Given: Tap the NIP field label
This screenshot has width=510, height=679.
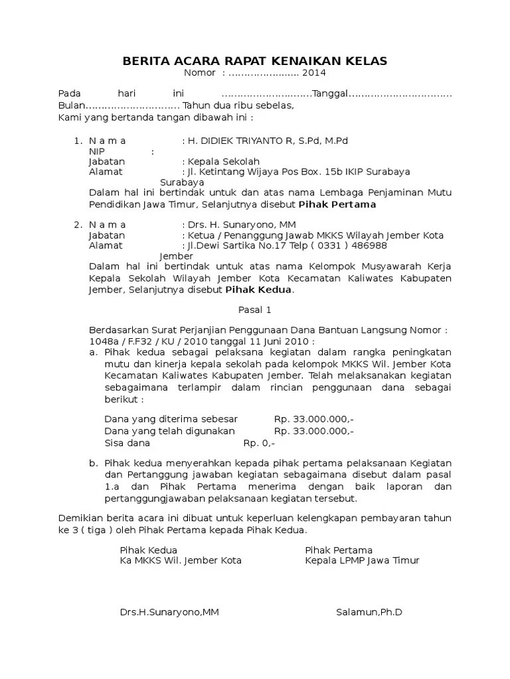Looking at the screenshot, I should click(x=97, y=152).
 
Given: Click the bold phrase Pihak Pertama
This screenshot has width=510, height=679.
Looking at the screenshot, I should click(x=337, y=204).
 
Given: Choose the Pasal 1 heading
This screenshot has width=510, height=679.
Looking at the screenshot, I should click(x=255, y=310).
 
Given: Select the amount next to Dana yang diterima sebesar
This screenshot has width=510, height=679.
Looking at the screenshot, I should click(x=313, y=420).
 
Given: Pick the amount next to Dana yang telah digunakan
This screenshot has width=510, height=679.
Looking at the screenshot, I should click(x=313, y=431).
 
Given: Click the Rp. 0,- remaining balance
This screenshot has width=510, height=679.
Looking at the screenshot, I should click(x=258, y=443).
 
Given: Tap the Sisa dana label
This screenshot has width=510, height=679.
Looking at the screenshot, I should click(x=127, y=443).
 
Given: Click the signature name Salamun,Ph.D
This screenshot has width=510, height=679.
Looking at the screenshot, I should click(x=369, y=612).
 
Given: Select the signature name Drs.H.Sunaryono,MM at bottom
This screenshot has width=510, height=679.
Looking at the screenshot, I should click(x=169, y=612).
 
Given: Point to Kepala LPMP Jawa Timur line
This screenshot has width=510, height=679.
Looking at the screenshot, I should click(x=362, y=560).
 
